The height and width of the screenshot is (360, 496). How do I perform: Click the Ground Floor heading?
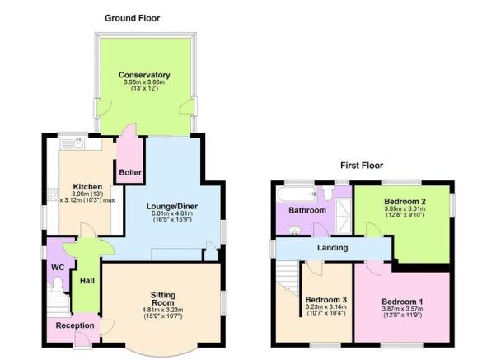click(132, 18)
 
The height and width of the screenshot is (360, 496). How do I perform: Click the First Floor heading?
click(362, 166)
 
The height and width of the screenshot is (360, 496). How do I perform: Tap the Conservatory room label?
click(144, 75)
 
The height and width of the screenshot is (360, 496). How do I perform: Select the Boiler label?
click(130, 173)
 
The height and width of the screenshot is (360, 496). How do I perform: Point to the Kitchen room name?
click(87, 187)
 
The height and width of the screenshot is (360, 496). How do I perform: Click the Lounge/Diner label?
click(172, 207)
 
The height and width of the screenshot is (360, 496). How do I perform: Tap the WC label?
click(58, 268)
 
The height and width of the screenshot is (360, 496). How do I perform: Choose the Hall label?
click(87, 281)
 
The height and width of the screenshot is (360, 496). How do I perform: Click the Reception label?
click(75, 325)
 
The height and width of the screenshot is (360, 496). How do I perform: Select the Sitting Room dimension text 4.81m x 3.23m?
click(163, 310)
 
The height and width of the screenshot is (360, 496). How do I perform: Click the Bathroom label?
click(307, 210)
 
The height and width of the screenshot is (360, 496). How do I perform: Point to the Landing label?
click(333, 248)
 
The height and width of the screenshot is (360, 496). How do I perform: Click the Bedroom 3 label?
click(325, 300)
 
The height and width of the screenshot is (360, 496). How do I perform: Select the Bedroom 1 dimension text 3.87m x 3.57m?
click(402, 309)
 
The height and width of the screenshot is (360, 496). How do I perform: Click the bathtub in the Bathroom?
click(297, 194)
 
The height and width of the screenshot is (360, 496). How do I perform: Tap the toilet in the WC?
click(58, 283)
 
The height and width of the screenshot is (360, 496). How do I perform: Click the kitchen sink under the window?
click(79, 144)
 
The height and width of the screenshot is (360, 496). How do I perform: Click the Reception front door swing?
click(80, 340)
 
